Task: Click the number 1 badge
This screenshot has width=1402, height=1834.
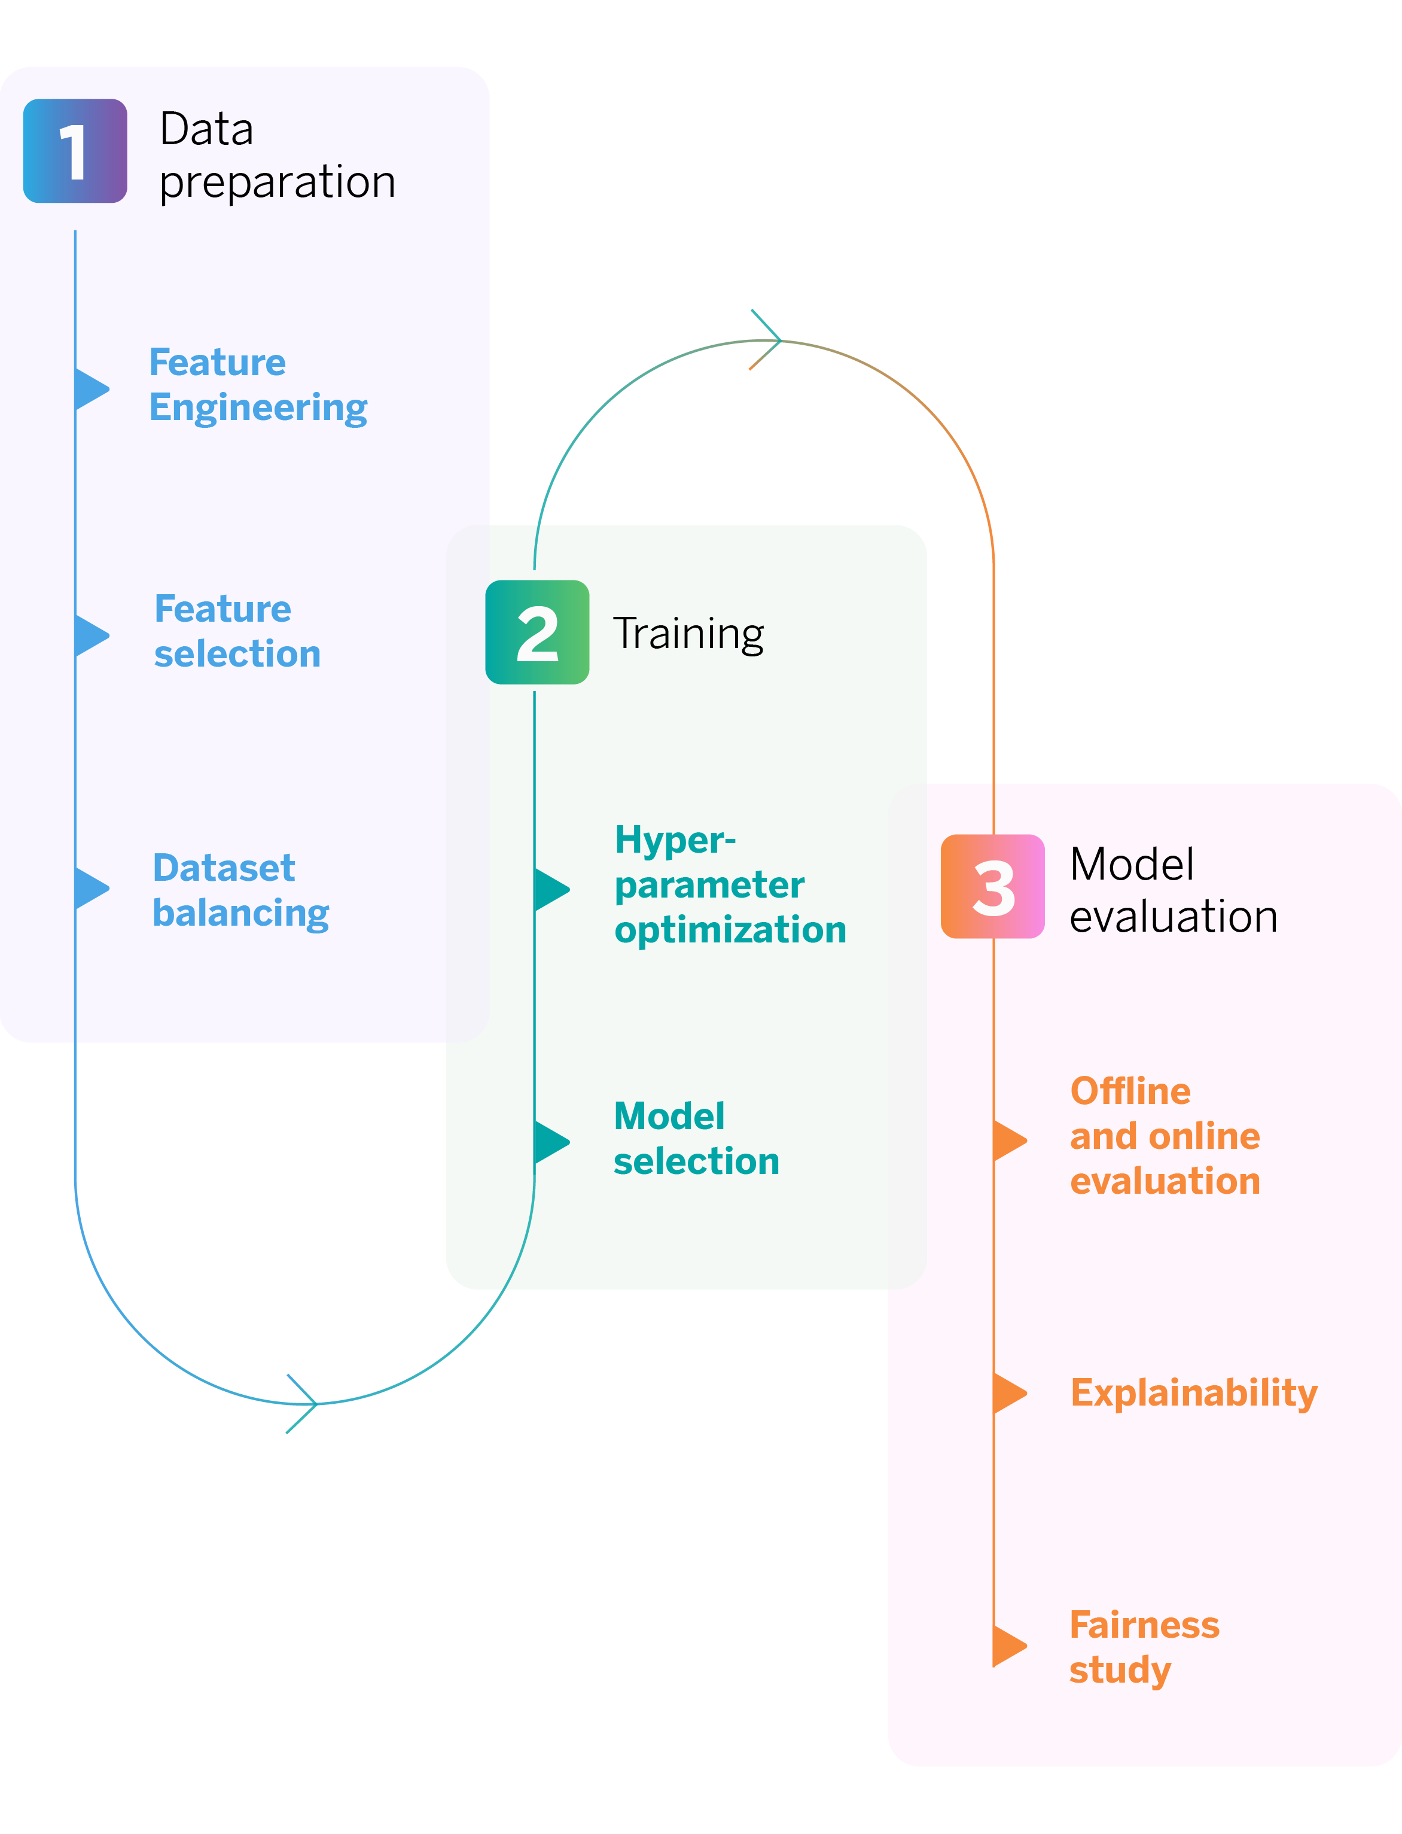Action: tap(75, 151)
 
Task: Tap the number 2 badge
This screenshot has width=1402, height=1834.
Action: tap(538, 632)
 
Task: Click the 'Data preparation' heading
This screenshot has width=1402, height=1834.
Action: tap(277, 155)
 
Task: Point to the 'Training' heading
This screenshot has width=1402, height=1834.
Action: tap(688, 634)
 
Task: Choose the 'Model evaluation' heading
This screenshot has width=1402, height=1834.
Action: tap(1172, 890)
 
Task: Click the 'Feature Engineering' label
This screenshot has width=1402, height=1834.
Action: tap(258, 385)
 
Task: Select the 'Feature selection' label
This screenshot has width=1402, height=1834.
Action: tap(237, 631)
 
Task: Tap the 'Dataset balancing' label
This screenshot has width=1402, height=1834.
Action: tap(240, 890)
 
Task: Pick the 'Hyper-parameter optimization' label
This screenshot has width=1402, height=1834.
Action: tap(729, 884)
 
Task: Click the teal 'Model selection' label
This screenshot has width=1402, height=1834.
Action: tap(696, 1137)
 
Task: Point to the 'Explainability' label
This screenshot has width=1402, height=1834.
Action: tap(1193, 1392)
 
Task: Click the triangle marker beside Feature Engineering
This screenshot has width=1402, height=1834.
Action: tap(90, 389)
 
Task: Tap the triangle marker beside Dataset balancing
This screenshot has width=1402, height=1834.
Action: tap(90, 888)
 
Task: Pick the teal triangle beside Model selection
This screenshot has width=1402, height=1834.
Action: tap(550, 1142)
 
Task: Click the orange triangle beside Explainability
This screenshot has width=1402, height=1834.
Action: tap(1008, 1393)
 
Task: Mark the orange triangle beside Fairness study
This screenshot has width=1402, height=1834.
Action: tap(1008, 1646)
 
